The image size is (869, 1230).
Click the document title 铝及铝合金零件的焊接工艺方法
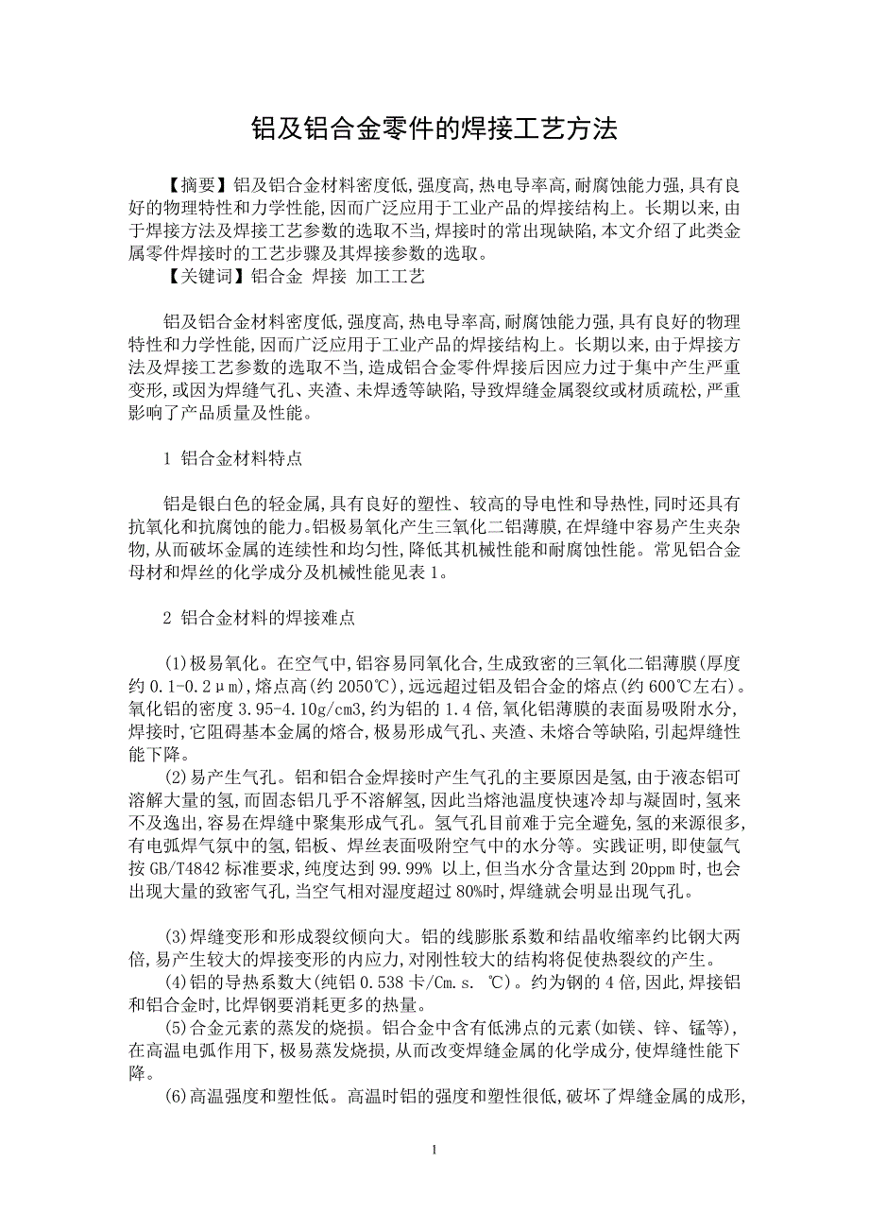tap(434, 129)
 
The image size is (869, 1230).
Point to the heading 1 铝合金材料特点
tap(232, 458)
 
